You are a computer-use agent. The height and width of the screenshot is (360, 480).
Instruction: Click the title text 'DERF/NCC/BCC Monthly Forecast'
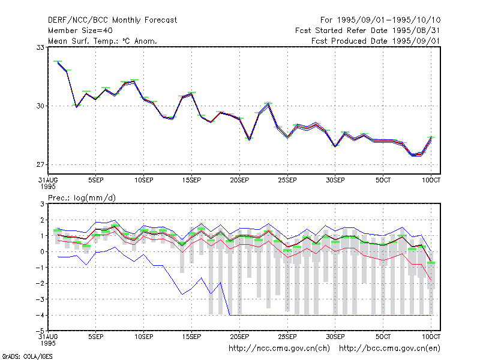click(x=112, y=20)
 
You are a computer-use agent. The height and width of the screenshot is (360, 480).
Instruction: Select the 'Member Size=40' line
click(x=80, y=31)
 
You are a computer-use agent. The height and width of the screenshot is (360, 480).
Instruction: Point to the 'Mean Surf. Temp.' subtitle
click(x=102, y=41)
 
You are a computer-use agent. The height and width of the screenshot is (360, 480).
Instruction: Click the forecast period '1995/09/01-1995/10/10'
click(x=389, y=20)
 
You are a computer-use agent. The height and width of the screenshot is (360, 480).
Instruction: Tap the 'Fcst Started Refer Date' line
click(x=368, y=31)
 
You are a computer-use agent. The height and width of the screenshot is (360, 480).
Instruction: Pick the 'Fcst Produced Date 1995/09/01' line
click(x=376, y=41)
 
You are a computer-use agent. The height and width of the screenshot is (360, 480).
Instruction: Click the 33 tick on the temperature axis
click(x=40, y=47)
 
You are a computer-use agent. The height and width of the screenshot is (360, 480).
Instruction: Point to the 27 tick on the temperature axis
click(x=40, y=164)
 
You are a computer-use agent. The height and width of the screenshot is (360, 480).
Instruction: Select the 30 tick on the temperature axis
click(x=40, y=106)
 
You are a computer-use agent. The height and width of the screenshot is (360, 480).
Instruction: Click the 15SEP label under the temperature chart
click(x=191, y=181)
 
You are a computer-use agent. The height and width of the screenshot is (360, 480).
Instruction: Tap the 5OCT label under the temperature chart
click(x=383, y=181)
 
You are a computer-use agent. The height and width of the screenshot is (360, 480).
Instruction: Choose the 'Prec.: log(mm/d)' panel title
click(x=82, y=198)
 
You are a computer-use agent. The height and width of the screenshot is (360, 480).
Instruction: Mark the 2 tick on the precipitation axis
click(x=42, y=220)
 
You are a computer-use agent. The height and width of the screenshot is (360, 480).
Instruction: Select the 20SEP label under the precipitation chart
click(x=239, y=337)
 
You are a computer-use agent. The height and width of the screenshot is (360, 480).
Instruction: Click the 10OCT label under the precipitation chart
click(x=431, y=337)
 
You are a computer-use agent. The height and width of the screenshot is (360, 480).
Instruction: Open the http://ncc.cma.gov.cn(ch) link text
click(x=280, y=349)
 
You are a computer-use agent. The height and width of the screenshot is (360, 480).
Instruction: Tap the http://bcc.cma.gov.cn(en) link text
click(x=389, y=349)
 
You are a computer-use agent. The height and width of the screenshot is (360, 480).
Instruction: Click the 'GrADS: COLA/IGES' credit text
click(x=27, y=356)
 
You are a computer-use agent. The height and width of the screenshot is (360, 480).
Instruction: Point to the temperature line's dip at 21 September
click(x=249, y=140)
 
